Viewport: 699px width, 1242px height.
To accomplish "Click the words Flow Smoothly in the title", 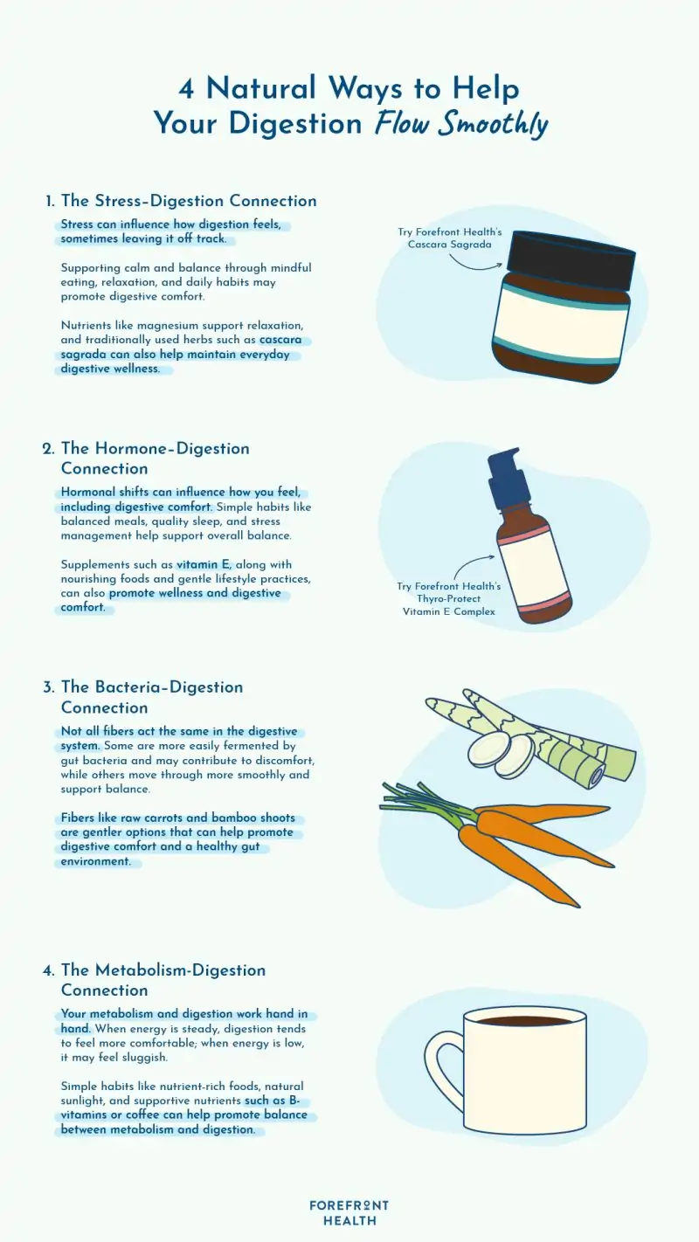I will click(461, 123).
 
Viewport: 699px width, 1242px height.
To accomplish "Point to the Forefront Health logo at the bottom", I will click(349, 1212).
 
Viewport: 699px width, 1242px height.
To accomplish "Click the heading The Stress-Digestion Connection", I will click(189, 201).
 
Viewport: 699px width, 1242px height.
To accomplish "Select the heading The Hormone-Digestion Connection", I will click(156, 459).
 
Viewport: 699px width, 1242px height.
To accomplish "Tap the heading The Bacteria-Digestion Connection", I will click(152, 697).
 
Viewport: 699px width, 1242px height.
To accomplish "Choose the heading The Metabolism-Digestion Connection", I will click(163, 980).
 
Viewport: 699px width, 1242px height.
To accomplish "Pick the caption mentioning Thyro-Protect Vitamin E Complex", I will click(449, 598).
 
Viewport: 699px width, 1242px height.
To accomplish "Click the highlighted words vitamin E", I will click(204, 565).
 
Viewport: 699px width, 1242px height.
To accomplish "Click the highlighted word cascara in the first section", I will click(287, 339).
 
